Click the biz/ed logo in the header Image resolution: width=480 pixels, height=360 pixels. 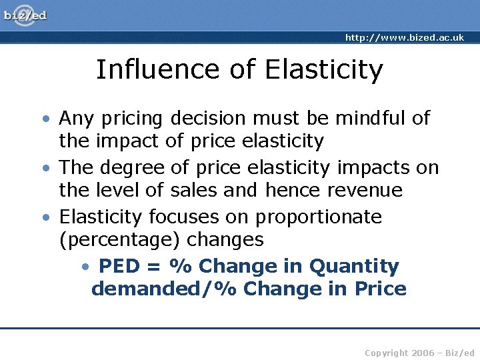pyautogui.click(x=25, y=15)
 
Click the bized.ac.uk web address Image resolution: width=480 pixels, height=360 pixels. pyautogui.click(x=404, y=38)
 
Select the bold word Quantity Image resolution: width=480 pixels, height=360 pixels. pyautogui.click(x=354, y=267)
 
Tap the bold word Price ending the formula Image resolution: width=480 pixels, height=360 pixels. pyautogui.click(x=380, y=289)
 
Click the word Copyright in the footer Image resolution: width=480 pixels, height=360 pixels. pyautogui.click(x=386, y=352)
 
